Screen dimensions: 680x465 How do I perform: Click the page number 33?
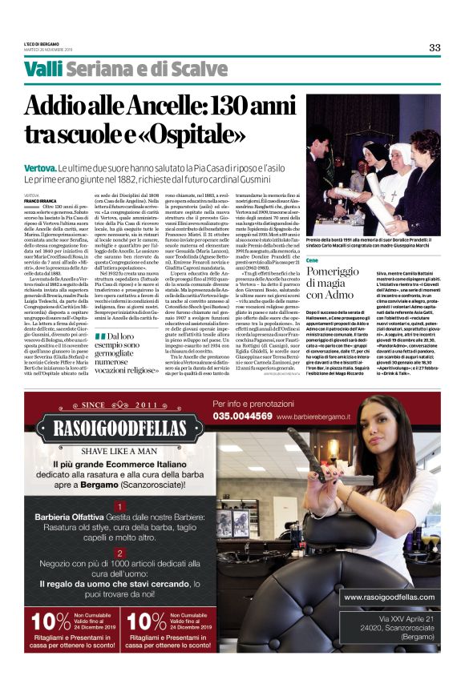pos(434,47)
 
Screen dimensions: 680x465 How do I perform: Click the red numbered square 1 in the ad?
pos(119,507)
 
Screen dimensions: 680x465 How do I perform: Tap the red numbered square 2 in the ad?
pos(119,553)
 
